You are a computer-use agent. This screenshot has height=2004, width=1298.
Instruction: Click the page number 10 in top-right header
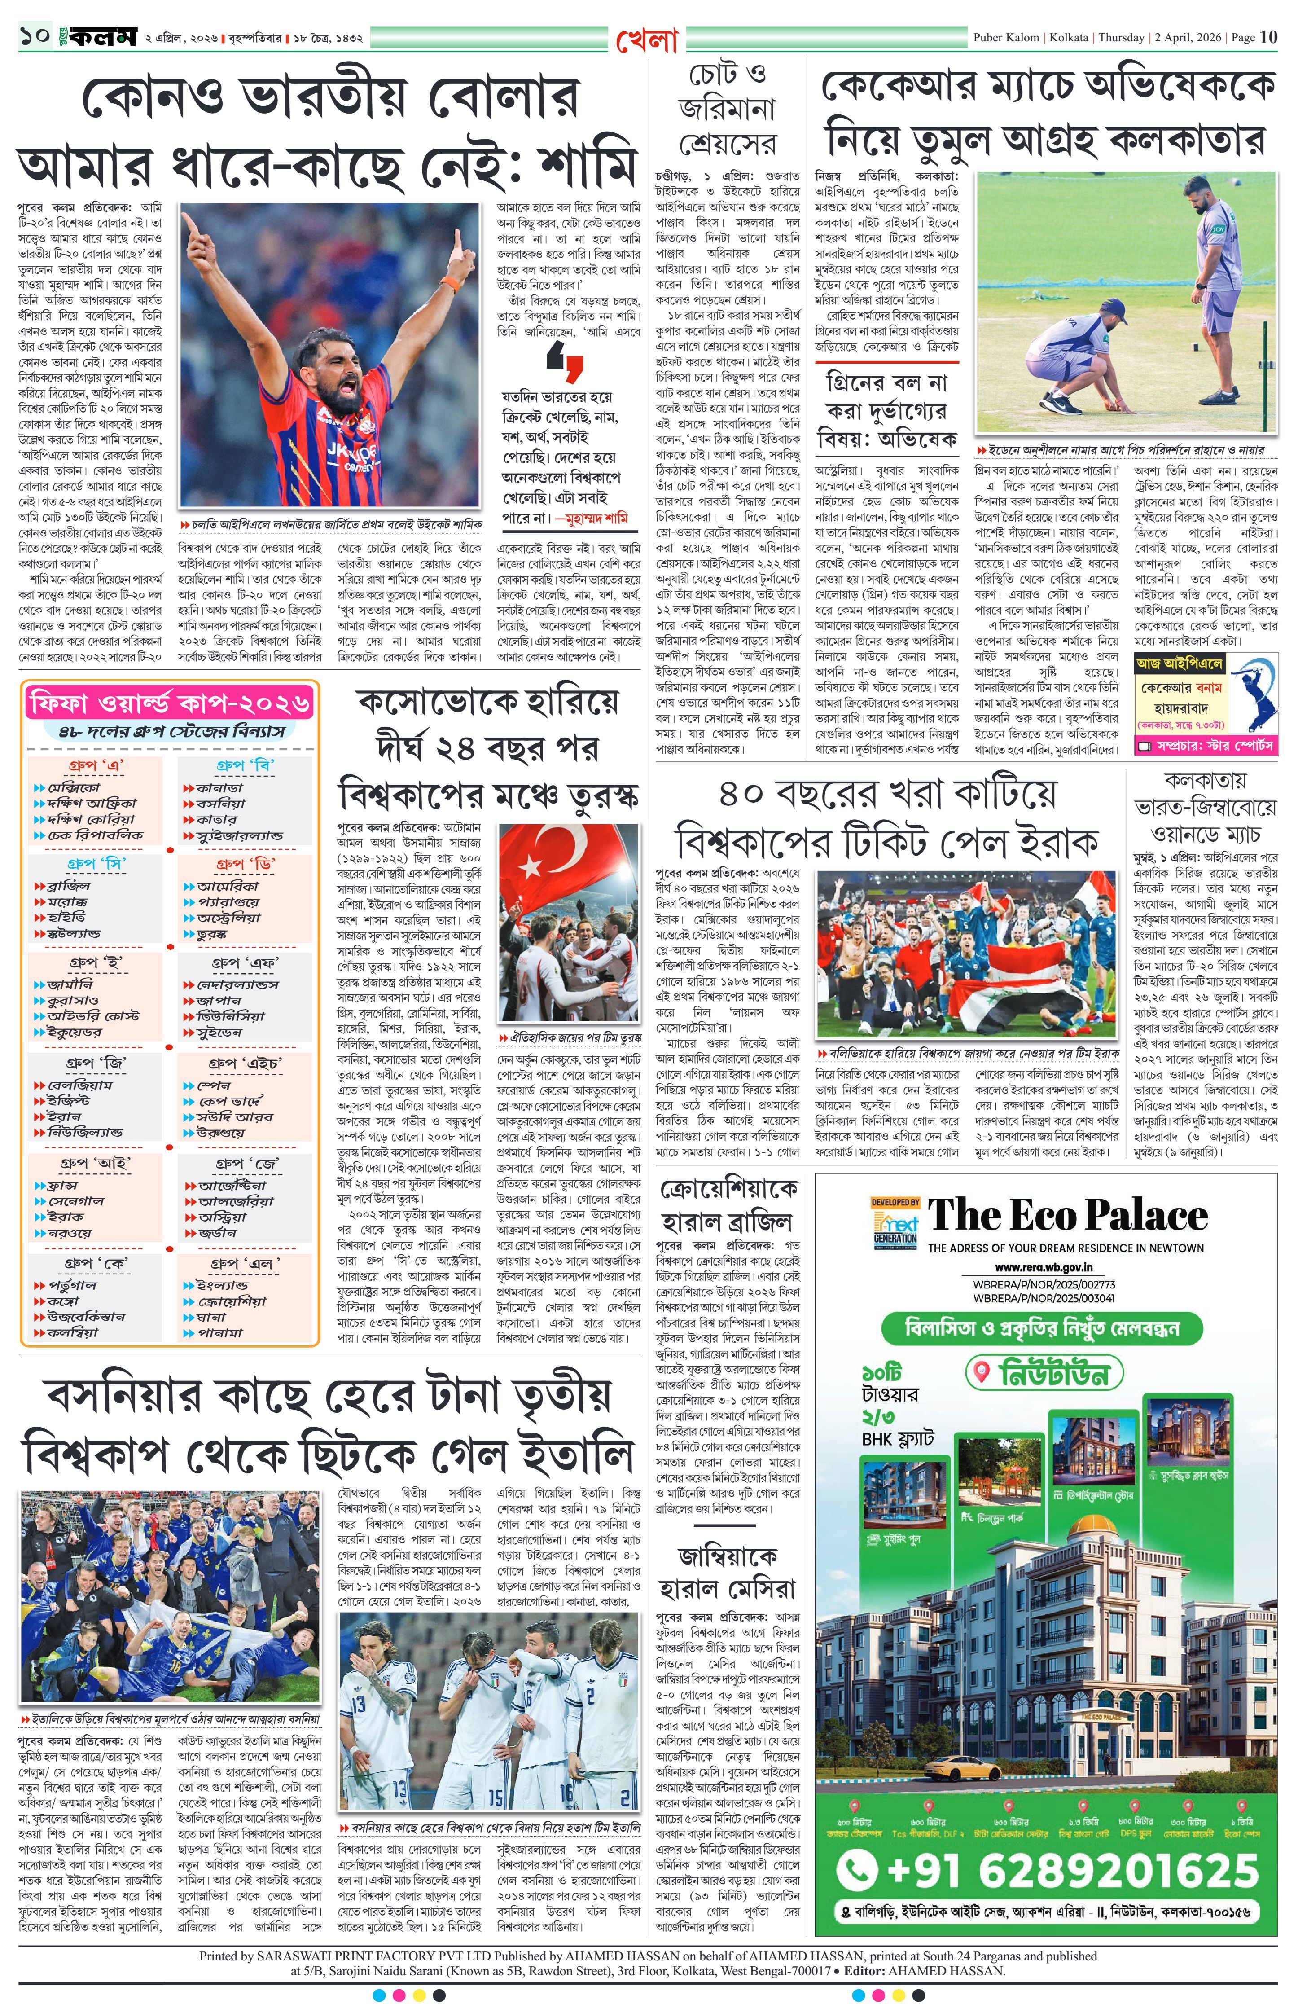(1268, 37)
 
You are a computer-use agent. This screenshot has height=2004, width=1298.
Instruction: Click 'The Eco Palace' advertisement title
(1067, 1216)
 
